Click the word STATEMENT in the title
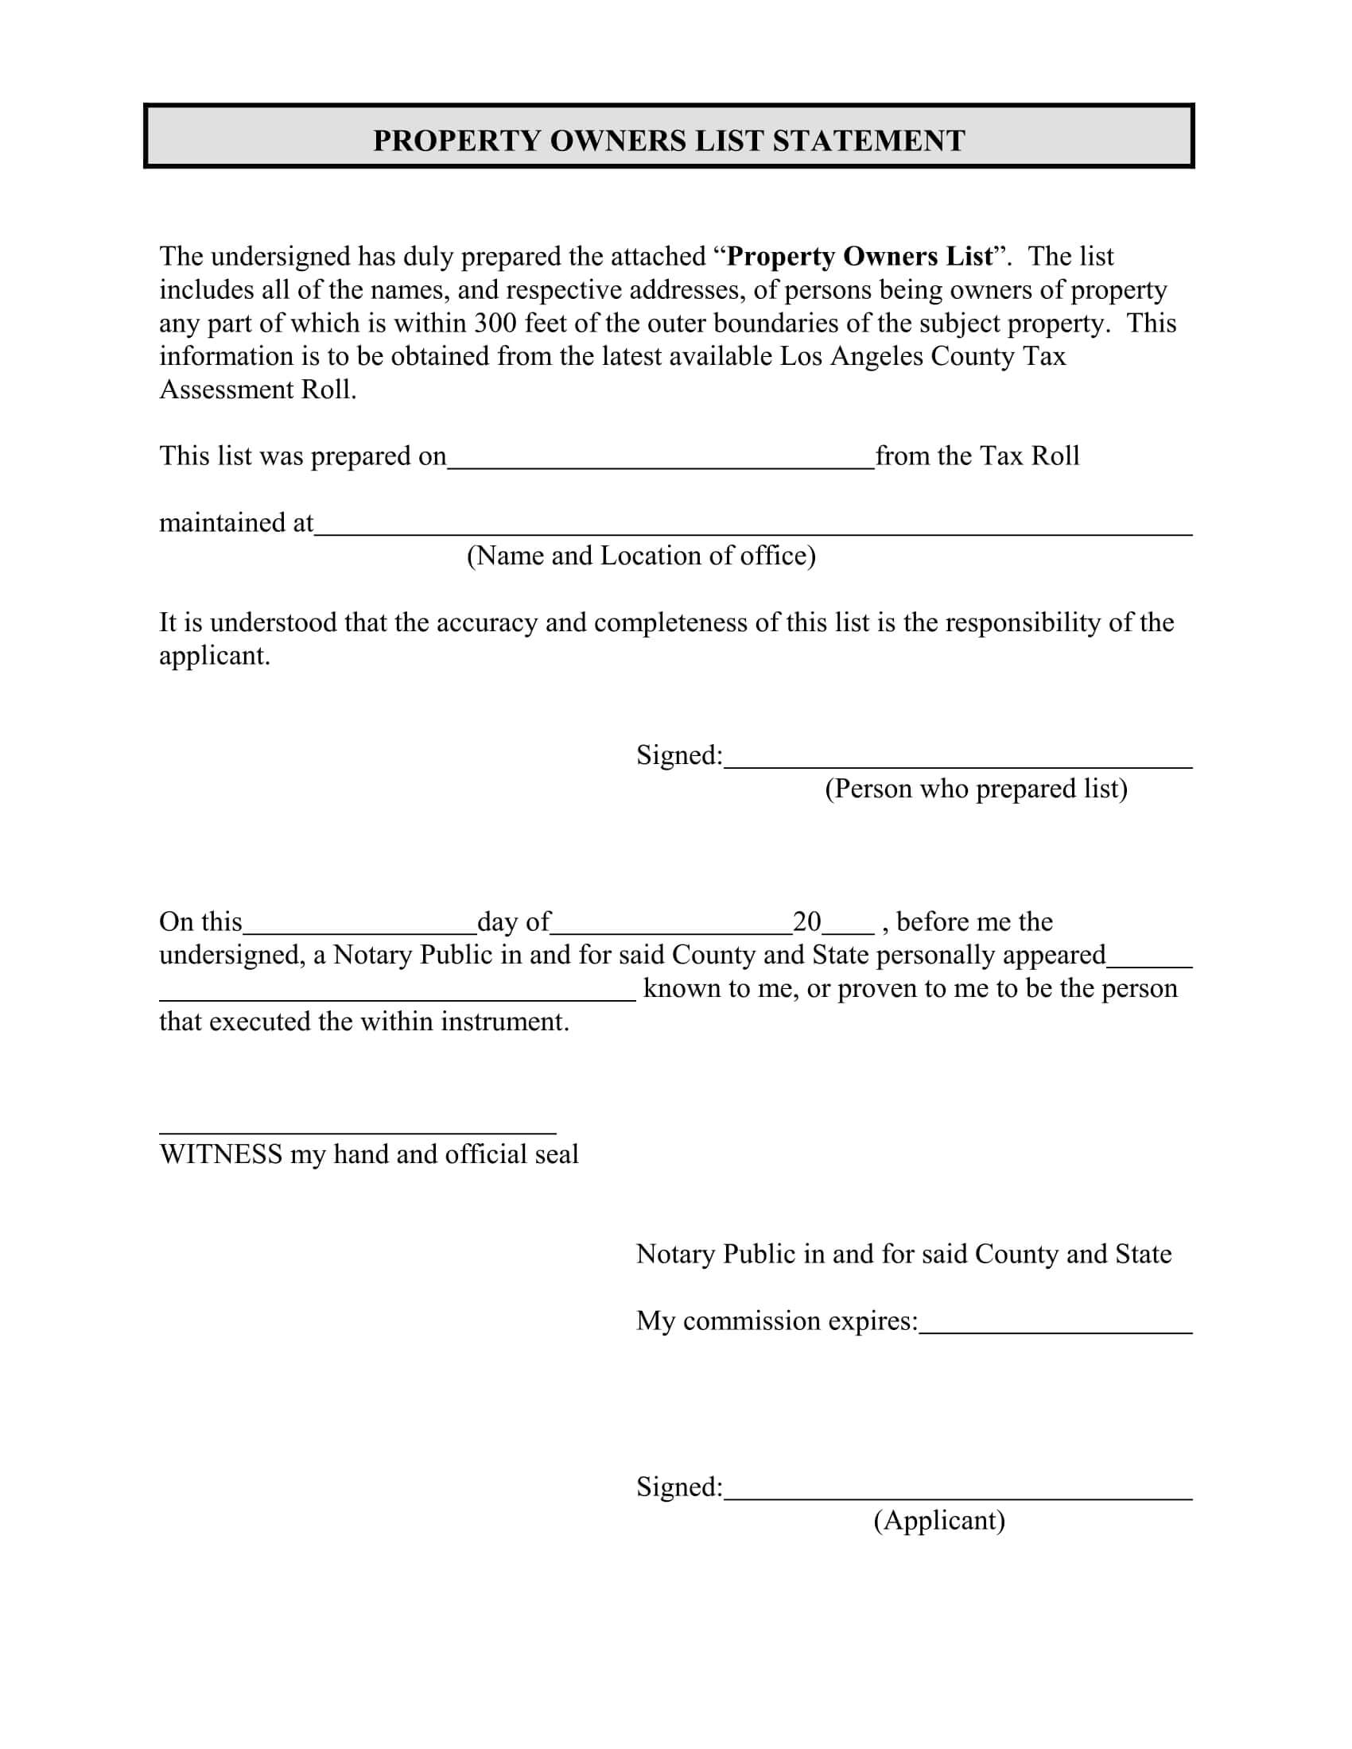(868, 141)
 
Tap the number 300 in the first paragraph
(495, 323)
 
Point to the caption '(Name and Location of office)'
(641, 556)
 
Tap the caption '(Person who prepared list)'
(976, 789)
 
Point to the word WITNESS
(221, 1154)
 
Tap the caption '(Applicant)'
(938, 1520)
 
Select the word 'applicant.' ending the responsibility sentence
(215, 656)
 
